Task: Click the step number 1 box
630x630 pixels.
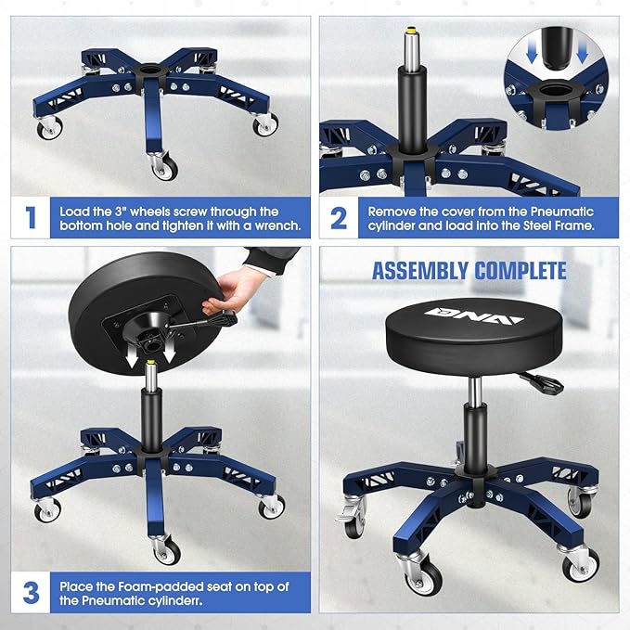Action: tap(31, 218)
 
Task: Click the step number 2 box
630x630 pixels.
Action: tap(340, 218)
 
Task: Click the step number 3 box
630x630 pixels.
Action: tap(31, 592)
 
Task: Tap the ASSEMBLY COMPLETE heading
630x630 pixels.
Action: tap(469, 271)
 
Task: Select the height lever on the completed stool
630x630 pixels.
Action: tap(536, 380)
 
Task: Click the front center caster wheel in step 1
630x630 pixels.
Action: tap(163, 168)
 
